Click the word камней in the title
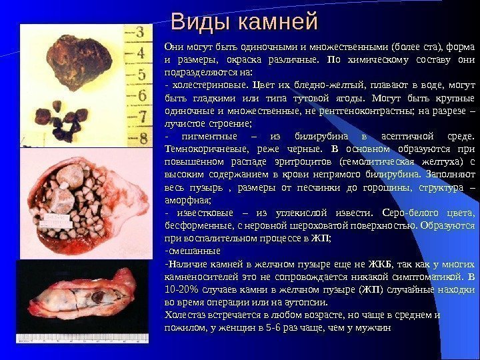pos(275,23)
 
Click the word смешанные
pos(193,251)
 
